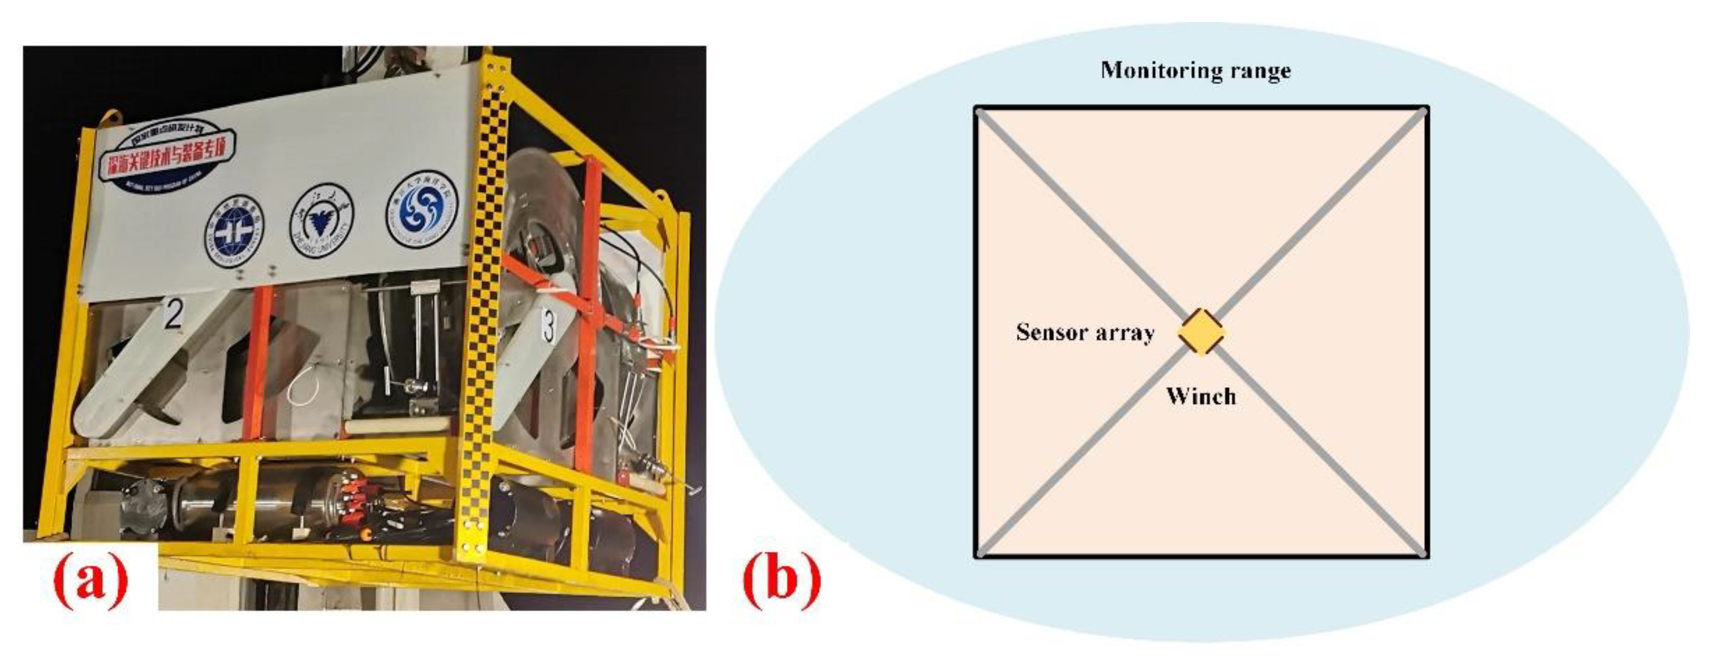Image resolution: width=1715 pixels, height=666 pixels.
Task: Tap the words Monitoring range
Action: click(1196, 71)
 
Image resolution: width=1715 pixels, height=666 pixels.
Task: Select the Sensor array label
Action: click(1084, 332)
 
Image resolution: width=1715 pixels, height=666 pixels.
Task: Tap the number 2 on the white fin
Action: click(173, 315)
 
